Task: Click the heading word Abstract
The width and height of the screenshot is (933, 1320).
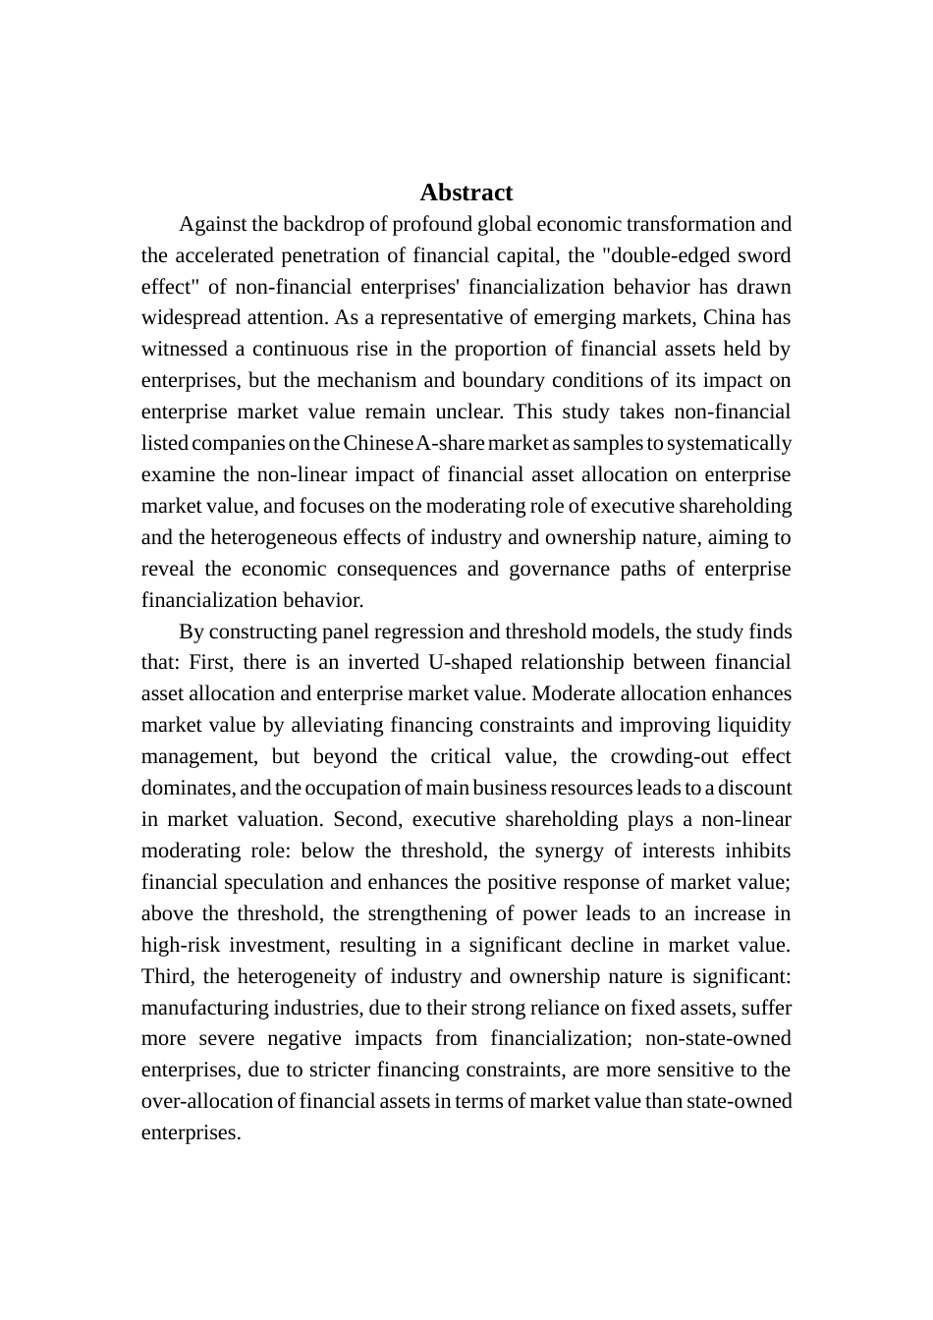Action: pyautogui.click(x=466, y=192)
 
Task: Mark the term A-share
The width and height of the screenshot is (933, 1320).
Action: pyautogui.click(x=451, y=443)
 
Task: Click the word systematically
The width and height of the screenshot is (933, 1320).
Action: pyautogui.click(x=729, y=443)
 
